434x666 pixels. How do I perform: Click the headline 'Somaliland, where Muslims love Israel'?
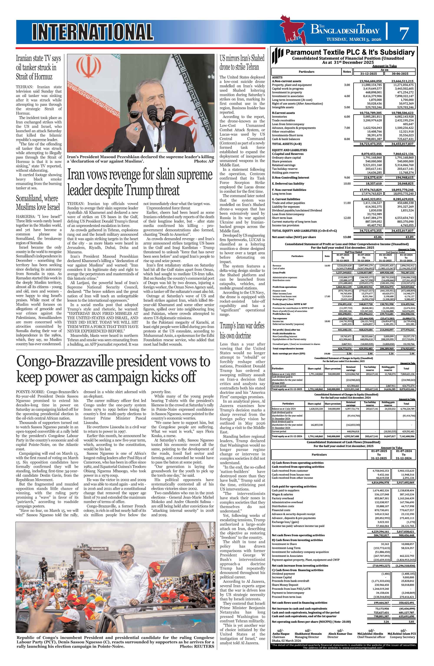[38, 203]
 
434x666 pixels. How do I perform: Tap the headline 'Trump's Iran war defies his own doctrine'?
[242, 330]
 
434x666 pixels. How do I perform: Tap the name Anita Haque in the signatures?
[281, 633]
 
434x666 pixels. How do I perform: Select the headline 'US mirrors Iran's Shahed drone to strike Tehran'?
[242, 63]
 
